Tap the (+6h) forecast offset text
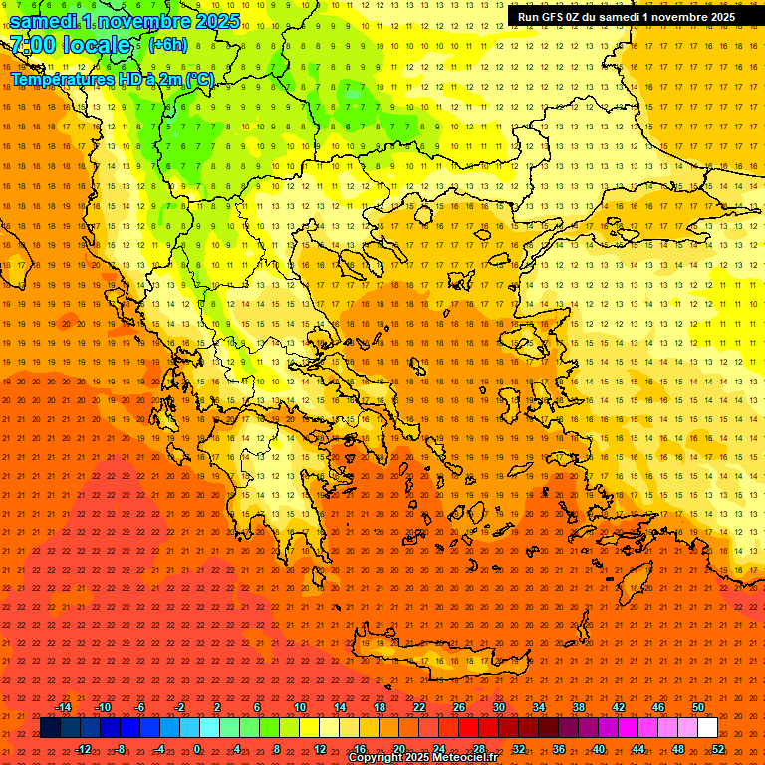pos(167,45)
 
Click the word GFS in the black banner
pos(555,17)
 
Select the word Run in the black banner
pos(529,17)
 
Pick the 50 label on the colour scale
pos(698,707)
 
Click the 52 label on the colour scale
pos(718,749)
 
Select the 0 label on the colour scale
pos(197,749)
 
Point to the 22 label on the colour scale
pos(419,707)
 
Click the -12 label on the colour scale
pos(83,749)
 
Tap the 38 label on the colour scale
pos(579,707)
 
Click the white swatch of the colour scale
pos(707,728)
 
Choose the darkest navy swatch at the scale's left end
pos(50,728)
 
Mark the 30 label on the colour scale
pos(499,707)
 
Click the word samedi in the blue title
pos(46,21)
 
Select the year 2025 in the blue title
pos(212,21)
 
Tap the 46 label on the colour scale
pos(658,707)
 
